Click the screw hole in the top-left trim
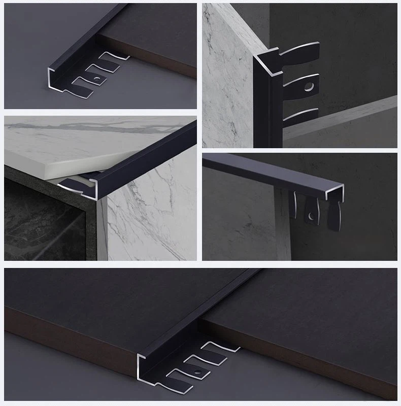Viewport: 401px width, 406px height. pyautogui.click(x=96, y=79)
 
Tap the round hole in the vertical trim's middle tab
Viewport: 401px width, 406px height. pyautogui.click(x=308, y=88)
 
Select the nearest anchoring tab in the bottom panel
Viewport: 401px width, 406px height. pyautogui.click(x=183, y=378)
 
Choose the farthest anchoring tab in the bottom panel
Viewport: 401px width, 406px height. pyautogui.click(x=223, y=348)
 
